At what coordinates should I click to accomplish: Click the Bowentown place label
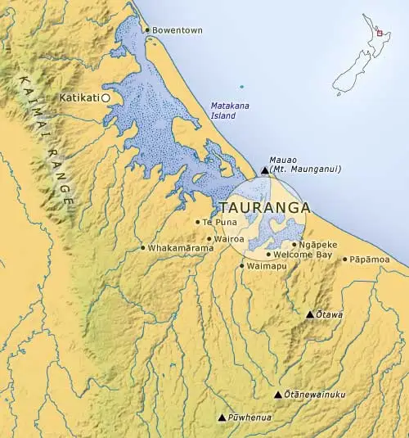(x=176, y=30)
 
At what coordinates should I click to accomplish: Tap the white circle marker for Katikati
(x=106, y=97)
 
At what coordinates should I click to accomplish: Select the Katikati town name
(x=79, y=97)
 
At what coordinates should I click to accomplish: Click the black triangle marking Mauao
(x=264, y=170)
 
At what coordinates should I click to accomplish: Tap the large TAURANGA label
(x=265, y=207)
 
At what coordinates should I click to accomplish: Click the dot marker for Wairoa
(x=209, y=239)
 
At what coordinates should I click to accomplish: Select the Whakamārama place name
(x=175, y=248)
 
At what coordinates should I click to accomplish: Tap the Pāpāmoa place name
(x=370, y=260)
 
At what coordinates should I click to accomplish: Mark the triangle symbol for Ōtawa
(x=309, y=314)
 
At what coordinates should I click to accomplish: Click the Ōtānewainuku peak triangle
(x=277, y=395)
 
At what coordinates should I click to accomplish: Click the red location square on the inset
(x=379, y=34)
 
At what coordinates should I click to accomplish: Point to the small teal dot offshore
(x=241, y=87)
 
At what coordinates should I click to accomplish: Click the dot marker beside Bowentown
(x=146, y=30)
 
